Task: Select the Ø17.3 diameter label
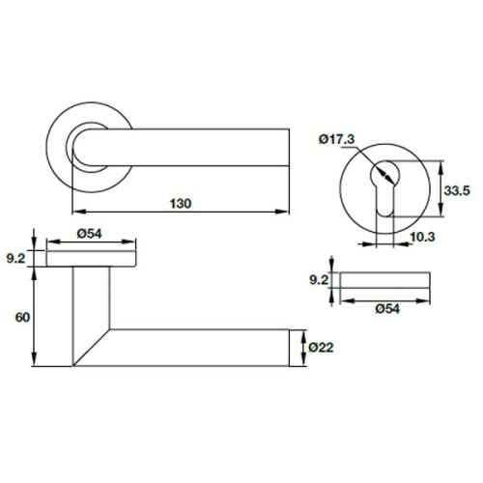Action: pos(334,141)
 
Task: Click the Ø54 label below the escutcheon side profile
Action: pos(384,309)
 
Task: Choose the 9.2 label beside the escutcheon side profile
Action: pos(321,280)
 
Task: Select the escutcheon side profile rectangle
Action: pos(385,280)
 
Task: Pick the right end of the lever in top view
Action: pos(286,148)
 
